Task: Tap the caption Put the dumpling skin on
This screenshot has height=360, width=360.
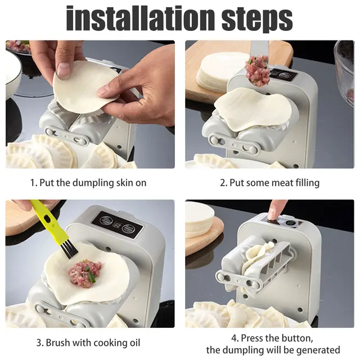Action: (x=89, y=183)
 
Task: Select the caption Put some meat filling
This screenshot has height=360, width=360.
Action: (x=269, y=183)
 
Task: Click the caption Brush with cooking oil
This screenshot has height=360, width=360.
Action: (x=88, y=343)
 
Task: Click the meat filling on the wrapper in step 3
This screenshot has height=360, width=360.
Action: (x=84, y=273)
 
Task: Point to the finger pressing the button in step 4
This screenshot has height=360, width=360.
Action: (x=276, y=210)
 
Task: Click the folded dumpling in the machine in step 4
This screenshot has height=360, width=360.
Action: (x=256, y=259)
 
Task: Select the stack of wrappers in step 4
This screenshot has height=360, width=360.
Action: (x=199, y=220)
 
